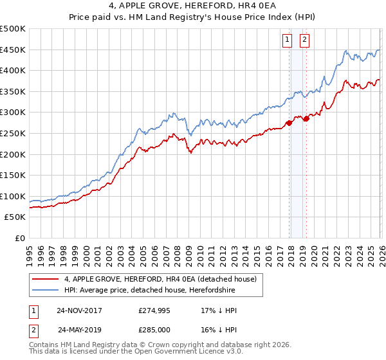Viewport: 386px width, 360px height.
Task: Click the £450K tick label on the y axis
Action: (13, 50)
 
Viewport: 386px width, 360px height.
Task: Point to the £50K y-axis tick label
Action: (15, 217)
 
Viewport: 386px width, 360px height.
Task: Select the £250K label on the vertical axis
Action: (13, 133)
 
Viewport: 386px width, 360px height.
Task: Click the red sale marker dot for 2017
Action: (289, 123)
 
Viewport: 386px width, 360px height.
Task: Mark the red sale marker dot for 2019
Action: (306, 118)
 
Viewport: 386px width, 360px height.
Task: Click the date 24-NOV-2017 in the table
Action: (79, 310)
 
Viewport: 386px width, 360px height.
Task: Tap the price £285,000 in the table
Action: (154, 330)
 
